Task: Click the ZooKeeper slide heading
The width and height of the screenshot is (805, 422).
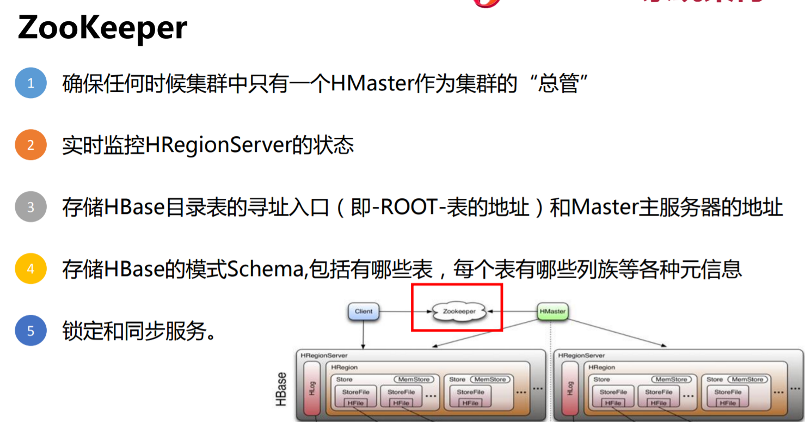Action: click(102, 28)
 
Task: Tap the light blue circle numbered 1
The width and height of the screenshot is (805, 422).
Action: click(30, 83)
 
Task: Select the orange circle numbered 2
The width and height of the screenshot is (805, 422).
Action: click(30, 145)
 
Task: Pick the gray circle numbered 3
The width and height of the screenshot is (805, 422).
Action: click(30, 207)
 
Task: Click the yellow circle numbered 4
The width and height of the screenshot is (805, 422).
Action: click(30, 269)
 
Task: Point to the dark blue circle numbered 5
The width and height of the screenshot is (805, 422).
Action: click(30, 331)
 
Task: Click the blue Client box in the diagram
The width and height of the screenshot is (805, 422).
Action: click(363, 311)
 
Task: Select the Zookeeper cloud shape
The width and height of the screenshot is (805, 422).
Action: click(459, 311)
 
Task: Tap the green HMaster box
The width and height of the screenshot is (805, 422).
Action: click(552, 311)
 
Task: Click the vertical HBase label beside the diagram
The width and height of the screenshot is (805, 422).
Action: click(281, 389)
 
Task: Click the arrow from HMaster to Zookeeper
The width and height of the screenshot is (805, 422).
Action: click(512, 311)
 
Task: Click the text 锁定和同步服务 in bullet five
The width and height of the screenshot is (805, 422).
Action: click(139, 331)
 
